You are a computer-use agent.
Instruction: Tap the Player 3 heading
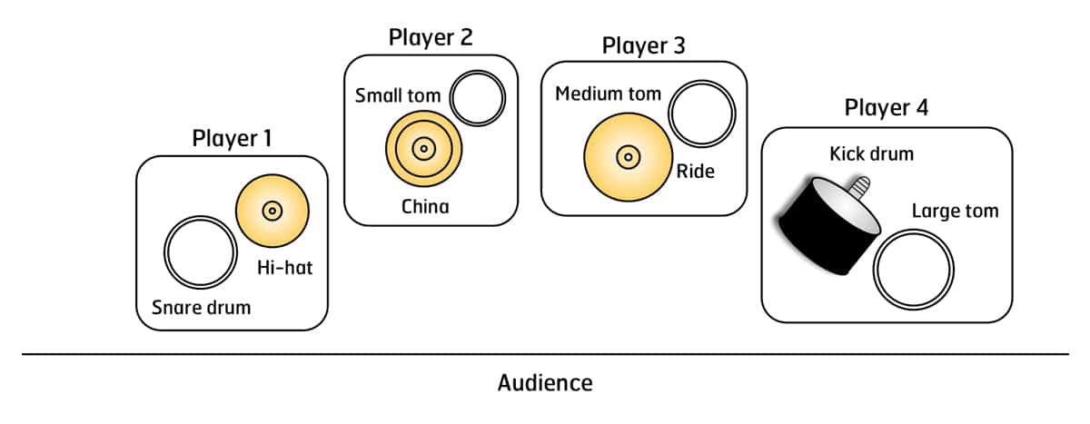click(x=643, y=44)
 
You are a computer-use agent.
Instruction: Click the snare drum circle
click(x=197, y=253)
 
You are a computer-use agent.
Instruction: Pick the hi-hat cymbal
click(x=272, y=211)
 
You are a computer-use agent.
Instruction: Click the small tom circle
click(x=477, y=99)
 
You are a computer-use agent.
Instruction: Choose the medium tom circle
click(x=700, y=114)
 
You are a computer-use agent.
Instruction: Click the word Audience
click(x=545, y=382)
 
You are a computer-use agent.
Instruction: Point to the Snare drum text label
click(x=201, y=306)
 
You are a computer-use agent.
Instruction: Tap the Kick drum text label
click(x=871, y=153)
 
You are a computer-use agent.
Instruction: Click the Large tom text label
click(x=955, y=212)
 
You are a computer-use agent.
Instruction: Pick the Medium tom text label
click(x=608, y=94)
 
